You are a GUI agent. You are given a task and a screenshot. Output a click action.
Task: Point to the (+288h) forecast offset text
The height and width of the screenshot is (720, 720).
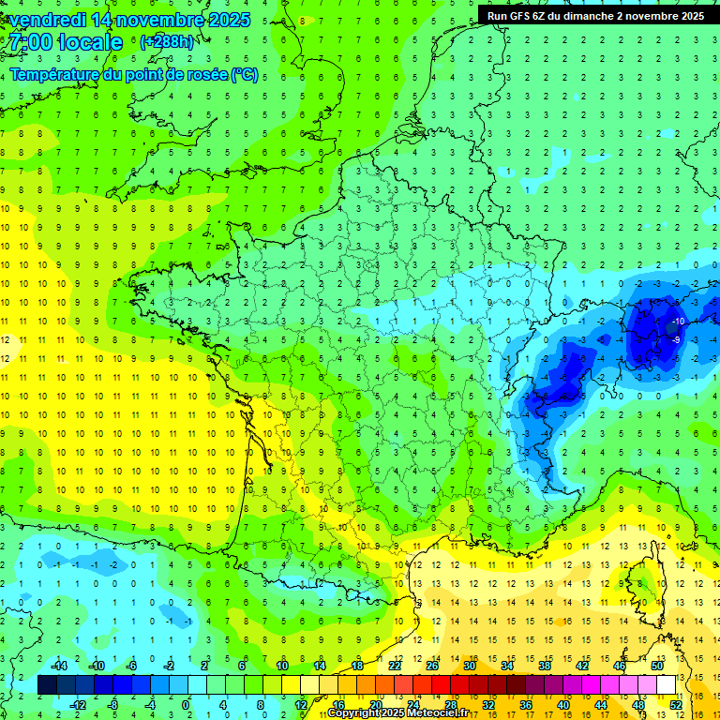tap(166, 42)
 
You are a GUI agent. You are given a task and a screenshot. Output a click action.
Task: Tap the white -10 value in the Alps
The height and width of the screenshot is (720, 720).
tap(677, 322)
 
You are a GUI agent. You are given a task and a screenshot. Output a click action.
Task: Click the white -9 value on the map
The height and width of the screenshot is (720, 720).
tap(677, 339)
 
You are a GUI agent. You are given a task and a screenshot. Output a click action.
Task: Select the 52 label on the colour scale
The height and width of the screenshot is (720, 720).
tap(676, 705)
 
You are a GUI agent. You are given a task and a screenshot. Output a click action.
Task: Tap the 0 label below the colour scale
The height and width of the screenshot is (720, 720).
tap(186, 705)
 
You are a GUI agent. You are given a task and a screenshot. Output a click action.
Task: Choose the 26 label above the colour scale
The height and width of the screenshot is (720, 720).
tap(432, 666)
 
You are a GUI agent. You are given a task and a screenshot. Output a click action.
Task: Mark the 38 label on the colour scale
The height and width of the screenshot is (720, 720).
tap(544, 666)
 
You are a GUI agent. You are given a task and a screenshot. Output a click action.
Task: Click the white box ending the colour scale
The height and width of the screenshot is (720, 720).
tap(666, 685)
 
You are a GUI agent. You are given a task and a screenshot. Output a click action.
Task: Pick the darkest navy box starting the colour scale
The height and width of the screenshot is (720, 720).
tap(47, 685)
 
